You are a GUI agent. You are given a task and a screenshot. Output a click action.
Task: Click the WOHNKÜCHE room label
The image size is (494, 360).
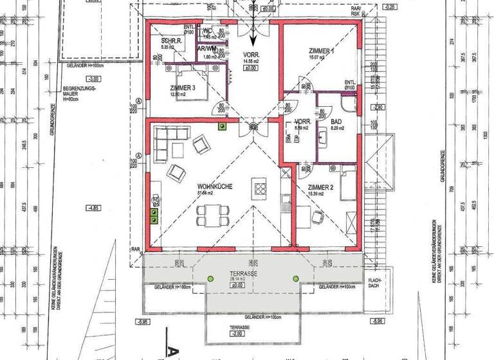click(214, 186)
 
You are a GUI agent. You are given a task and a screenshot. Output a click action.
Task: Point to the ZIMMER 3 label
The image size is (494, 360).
click(183, 89)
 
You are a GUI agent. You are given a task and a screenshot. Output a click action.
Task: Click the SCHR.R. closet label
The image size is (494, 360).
click(172, 41)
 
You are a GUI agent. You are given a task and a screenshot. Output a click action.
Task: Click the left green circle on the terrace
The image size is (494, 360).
click(210, 278)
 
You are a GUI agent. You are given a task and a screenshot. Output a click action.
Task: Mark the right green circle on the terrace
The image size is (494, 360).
click(296, 278)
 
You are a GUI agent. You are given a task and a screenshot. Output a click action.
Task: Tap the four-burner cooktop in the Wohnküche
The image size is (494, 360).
click(261, 188)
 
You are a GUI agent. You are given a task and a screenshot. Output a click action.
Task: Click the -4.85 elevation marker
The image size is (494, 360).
click(93, 208)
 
